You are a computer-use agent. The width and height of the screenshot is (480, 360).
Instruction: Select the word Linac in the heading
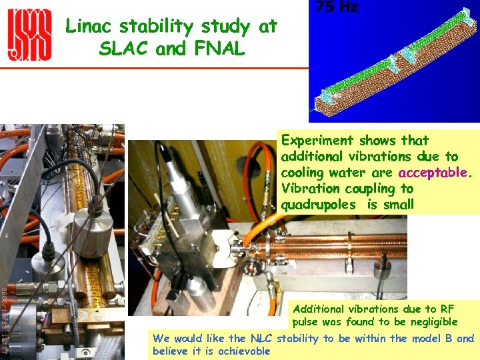coord(89,27)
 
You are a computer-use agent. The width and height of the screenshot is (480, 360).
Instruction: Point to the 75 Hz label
coord(337,7)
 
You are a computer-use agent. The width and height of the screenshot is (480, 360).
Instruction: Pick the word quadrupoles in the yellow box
coord(319,205)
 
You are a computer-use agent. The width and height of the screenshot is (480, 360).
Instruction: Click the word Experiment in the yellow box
coord(317,141)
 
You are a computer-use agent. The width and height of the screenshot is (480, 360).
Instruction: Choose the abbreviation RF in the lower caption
coord(447,309)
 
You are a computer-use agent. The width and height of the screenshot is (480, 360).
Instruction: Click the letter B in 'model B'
coord(449,338)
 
